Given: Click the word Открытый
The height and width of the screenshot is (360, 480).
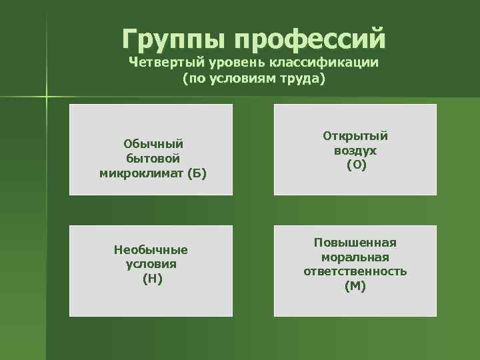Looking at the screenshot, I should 355,135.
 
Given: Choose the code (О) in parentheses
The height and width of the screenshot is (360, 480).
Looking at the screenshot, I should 355,165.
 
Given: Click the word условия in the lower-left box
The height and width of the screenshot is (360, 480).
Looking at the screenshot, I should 151,264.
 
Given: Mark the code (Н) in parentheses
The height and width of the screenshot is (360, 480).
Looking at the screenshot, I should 152,279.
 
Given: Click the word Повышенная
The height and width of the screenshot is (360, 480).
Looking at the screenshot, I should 355,241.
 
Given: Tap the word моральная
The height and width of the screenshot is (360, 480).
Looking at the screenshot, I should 355,257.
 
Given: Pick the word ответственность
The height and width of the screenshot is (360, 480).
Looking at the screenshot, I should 355,271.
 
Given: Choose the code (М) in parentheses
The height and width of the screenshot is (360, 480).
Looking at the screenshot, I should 355,287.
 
